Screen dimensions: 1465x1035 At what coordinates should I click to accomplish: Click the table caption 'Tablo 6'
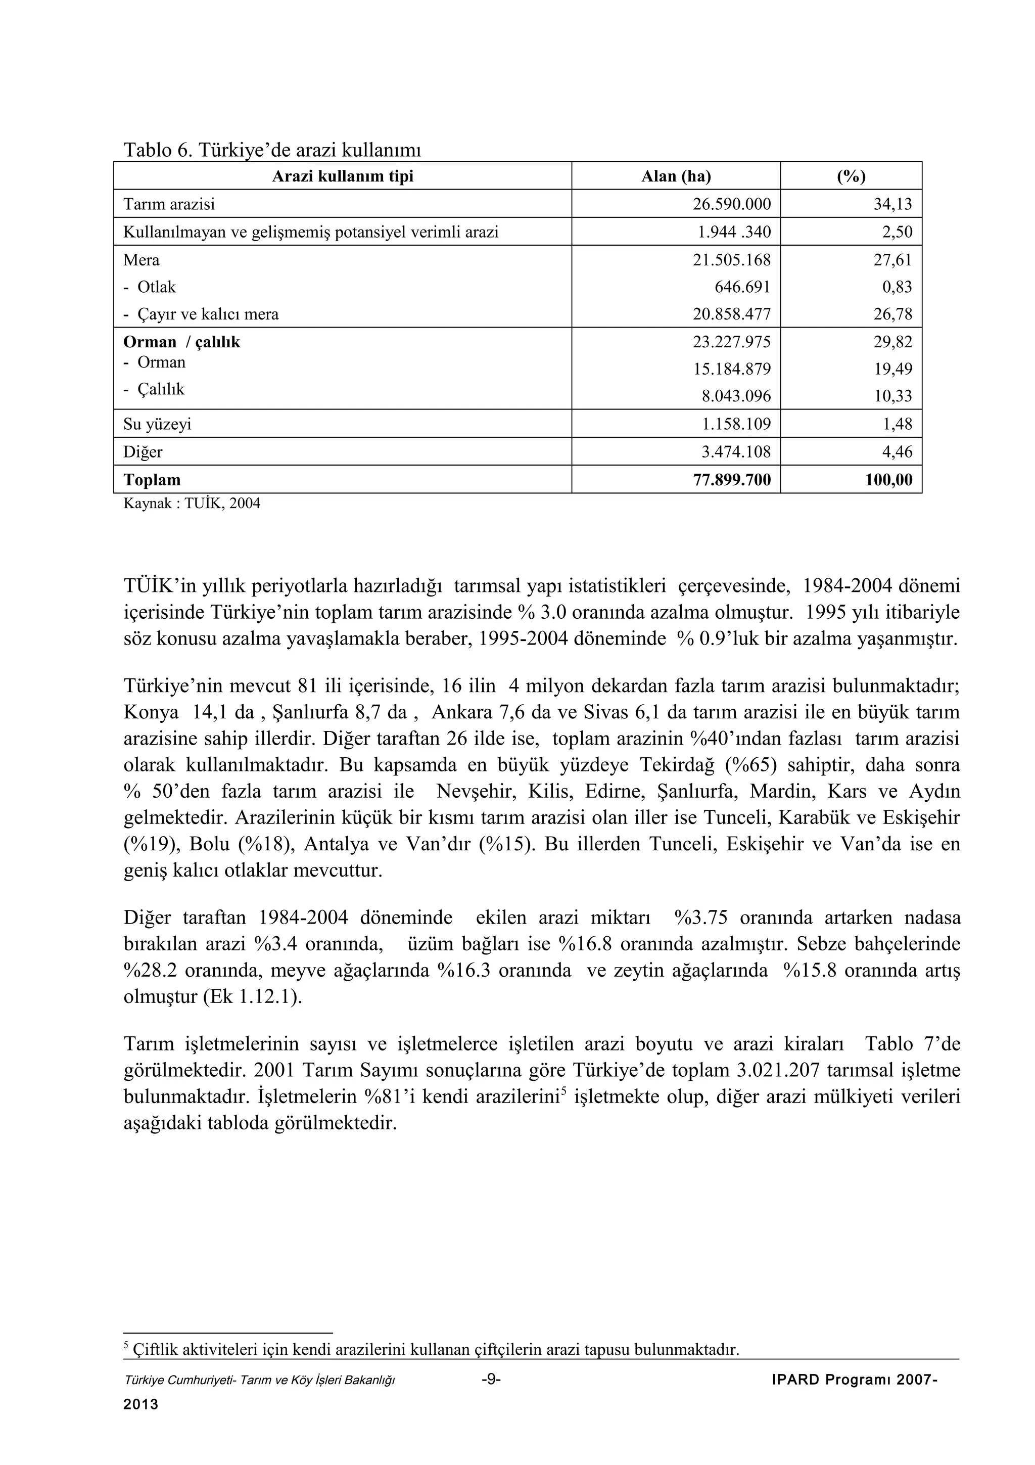tap(157, 151)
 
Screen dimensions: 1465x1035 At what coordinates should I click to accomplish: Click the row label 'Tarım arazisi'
tap(169, 204)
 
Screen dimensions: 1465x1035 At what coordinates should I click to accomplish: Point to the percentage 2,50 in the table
tap(897, 232)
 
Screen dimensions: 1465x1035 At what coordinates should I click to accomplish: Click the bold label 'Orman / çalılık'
tap(182, 343)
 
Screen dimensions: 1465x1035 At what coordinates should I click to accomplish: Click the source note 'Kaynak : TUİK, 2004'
tap(192, 503)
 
